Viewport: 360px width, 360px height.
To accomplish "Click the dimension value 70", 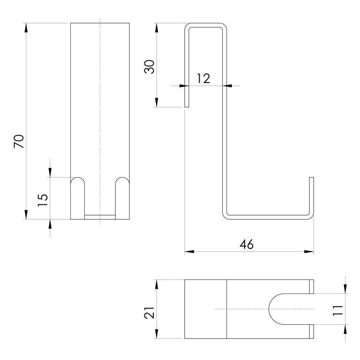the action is tap(19, 142).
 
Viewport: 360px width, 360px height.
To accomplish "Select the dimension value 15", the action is tap(43, 200).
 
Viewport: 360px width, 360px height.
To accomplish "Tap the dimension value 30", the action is tap(149, 67).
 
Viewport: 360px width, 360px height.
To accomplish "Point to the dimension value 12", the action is tap(203, 79).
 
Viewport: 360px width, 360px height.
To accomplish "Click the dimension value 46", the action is tap(247, 244).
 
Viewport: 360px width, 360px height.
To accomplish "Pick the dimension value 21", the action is tap(149, 313).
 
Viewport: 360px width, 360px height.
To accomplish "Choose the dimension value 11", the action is tap(337, 311).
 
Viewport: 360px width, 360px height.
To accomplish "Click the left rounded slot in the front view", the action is tap(78, 198).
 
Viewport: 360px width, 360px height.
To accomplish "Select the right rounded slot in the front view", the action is tap(122, 198).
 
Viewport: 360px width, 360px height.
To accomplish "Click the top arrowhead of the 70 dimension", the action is tap(26, 28).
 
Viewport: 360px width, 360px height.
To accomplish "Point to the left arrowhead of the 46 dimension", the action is tap(189, 252).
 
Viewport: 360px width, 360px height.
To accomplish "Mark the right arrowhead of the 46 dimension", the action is tap(309, 252).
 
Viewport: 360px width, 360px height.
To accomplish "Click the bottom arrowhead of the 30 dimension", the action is tap(157, 102).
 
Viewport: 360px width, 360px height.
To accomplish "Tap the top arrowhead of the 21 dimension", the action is tap(157, 284).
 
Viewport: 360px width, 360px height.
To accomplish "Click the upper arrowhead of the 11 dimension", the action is tap(345, 289).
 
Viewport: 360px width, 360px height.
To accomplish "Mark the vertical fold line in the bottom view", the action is tap(226, 309).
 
